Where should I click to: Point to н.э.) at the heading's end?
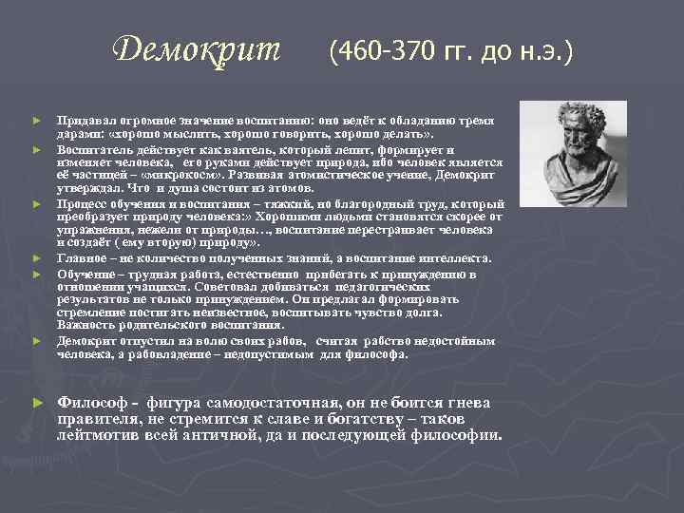(x=544, y=48)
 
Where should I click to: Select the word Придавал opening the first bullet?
(x=85, y=123)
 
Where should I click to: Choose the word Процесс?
(x=82, y=203)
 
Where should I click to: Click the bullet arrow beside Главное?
(x=36, y=256)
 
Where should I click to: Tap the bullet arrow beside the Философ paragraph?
(x=36, y=403)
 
